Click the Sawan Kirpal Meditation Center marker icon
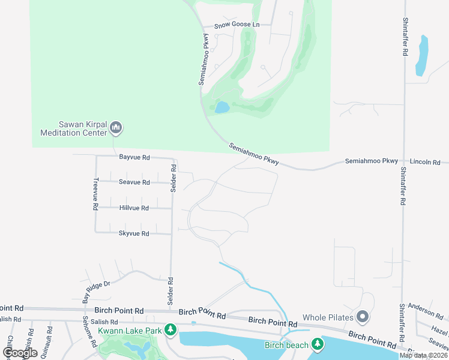coord(116,128)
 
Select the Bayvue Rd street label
coord(134,157)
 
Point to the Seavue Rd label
coord(134,182)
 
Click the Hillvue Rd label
coord(134,208)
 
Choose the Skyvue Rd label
coord(134,233)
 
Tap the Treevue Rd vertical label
coord(95,193)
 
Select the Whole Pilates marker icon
coord(363,316)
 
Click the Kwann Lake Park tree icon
coord(171,329)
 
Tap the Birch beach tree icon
coord(317,344)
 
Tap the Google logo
coord(20,352)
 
